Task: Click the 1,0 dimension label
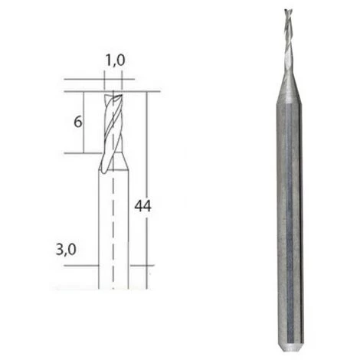point(115,61)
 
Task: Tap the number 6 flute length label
point(78,122)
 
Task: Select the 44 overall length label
point(143,206)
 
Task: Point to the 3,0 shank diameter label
point(66,250)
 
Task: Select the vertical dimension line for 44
point(147,190)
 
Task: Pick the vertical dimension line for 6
point(83,123)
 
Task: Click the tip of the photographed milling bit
point(287,10)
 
